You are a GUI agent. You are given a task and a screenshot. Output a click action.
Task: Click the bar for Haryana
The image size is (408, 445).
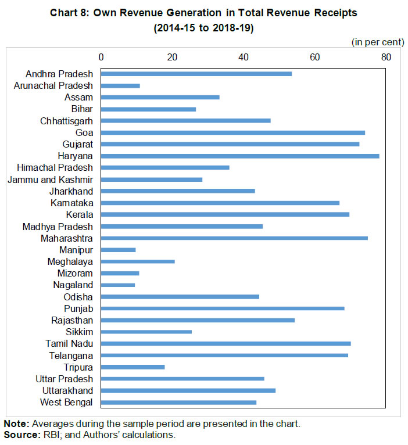(x=240, y=156)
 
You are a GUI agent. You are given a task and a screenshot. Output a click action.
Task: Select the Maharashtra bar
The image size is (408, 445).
(x=234, y=238)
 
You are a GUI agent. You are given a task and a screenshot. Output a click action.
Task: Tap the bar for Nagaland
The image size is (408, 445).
(x=118, y=285)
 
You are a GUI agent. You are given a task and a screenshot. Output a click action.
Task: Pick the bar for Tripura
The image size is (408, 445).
(x=133, y=367)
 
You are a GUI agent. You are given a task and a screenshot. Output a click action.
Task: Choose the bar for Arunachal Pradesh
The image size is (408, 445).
(x=120, y=85)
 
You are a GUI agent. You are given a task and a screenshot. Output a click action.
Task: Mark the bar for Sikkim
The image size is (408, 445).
(x=146, y=332)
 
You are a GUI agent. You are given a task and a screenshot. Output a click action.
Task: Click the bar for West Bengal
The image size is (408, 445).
(x=178, y=402)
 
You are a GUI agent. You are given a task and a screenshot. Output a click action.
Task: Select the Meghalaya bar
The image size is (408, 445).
(x=138, y=261)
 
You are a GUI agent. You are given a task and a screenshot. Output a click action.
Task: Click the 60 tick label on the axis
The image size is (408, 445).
(x=314, y=57)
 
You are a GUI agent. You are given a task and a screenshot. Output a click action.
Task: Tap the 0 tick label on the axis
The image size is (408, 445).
(x=101, y=57)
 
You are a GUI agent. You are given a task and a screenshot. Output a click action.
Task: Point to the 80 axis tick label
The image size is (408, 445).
(x=386, y=57)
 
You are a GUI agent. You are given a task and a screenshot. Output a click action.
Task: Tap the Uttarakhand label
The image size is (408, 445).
(x=67, y=390)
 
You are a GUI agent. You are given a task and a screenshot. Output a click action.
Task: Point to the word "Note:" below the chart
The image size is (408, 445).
(x=15, y=424)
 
